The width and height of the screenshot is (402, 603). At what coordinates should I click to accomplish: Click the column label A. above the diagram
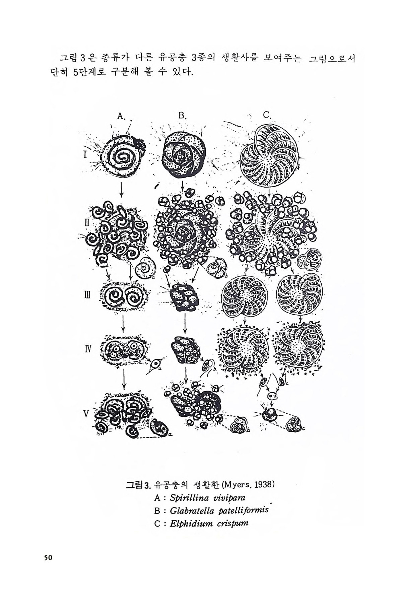[121, 116]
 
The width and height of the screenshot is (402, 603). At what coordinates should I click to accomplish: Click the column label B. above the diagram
[183, 116]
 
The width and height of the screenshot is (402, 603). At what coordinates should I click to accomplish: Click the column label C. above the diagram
[267, 115]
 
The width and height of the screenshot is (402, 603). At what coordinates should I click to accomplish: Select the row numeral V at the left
[86, 414]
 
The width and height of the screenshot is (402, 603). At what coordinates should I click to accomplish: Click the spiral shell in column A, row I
[121, 158]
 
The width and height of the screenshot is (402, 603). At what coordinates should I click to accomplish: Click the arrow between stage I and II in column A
[122, 190]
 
